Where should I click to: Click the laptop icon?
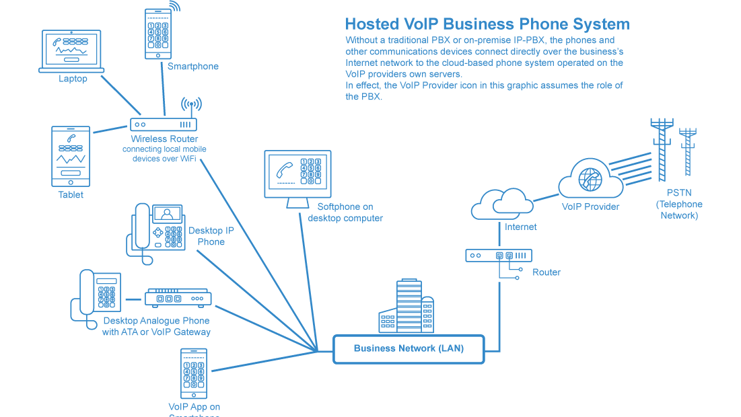tap(71, 50)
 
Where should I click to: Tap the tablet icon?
tap(71, 156)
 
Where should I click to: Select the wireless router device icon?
tap(163, 124)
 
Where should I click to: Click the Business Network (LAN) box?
tap(409, 349)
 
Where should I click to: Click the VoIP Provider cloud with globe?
tap(590, 178)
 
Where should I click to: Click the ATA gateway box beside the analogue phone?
tap(178, 297)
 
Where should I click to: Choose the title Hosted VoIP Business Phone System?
tap(487, 24)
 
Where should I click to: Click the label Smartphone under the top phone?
tap(193, 67)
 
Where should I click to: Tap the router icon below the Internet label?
tap(499, 256)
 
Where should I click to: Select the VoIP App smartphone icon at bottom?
tap(194, 373)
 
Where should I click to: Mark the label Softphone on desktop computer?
tap(345, 213)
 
